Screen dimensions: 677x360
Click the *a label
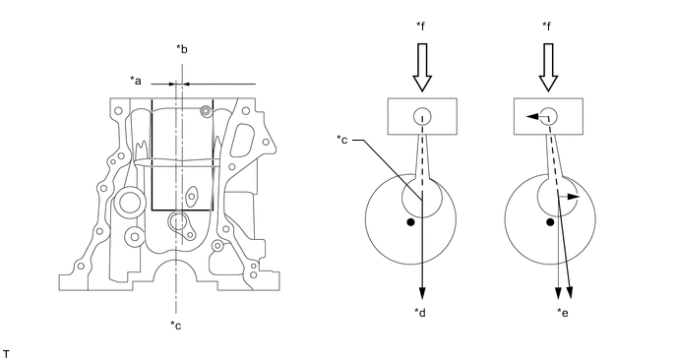pyautogui.click(x=136, y=81)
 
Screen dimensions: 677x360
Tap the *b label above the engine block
pyautogui.click(x=182, y=49)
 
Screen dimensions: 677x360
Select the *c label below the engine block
pyautogui.click(x=176, y=325)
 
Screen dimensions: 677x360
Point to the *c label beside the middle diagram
pyautogui.click(x=342, y=140)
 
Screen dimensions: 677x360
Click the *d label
pyautogui.click(x=420, y=312)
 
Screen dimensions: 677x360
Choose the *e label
pyautogui.click(x=563, y=312)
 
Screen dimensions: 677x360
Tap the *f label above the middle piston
pyautogui.click(x=421, y=27)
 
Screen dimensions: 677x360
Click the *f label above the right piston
pyautogui.click(x=546, y=27)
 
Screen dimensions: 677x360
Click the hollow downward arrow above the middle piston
pyautogui.click(x=422, y=67)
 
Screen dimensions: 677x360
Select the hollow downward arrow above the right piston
pyautogui.click(x=548, y=67)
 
